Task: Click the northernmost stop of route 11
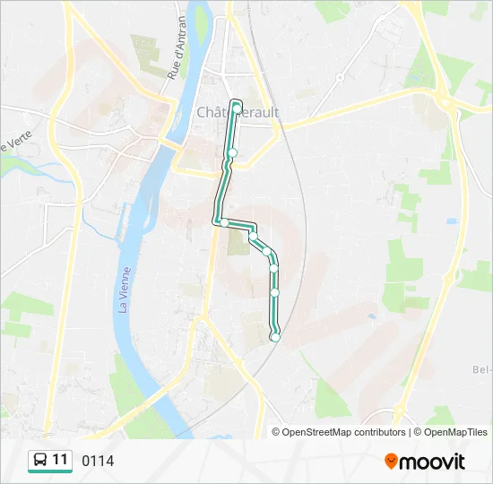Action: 237,108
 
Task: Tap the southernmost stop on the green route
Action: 275,336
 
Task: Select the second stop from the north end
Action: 232,153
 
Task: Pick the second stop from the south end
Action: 275,292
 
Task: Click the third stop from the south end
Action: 274,268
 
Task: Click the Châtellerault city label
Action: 238,112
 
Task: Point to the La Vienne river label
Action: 124,290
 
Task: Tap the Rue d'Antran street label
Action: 177,48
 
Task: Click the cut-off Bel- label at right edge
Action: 481,369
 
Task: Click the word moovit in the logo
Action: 432,462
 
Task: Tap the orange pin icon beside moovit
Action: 391,462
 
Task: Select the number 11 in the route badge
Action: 60,460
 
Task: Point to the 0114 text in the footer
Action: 98,461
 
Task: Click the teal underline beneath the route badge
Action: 50,472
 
